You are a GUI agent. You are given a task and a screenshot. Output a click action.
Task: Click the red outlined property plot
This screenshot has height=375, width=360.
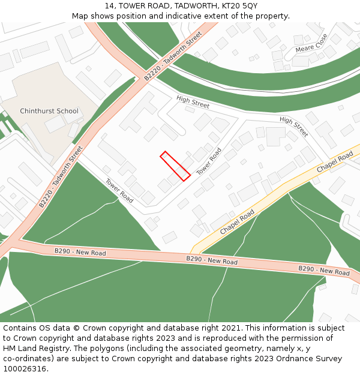coord(175,166)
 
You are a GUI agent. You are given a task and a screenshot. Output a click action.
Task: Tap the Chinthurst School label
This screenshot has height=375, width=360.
coord(49,111)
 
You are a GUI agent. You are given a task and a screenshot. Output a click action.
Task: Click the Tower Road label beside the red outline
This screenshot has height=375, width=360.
coord(209,161)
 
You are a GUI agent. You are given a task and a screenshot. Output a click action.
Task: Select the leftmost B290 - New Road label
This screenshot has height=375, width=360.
coord(80,252)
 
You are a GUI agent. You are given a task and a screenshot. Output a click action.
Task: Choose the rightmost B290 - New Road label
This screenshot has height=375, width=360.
coord(324,271)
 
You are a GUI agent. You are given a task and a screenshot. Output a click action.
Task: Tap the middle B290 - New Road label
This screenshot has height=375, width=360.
coord(212,260)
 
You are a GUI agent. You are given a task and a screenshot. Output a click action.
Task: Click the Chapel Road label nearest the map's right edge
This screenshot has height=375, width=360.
coord(335,163)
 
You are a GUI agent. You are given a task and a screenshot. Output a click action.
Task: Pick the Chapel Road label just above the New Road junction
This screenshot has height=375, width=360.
coord(237,222)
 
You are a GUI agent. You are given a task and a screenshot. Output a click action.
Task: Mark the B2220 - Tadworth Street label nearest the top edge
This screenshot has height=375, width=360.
coord(173,57)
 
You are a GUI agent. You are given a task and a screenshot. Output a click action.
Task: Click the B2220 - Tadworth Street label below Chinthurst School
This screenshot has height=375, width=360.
coord(61,177)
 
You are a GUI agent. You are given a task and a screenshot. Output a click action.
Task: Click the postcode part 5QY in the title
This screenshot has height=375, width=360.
coord(248,5)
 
